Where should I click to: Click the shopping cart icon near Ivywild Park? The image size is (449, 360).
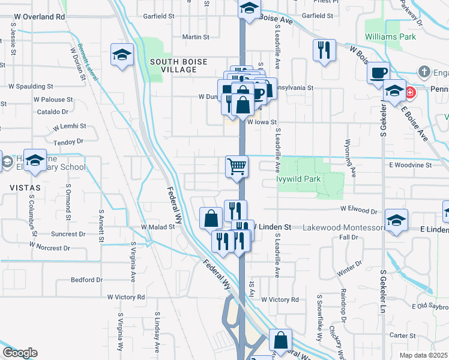coord(237,166)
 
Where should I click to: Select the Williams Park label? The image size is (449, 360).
coord(390,37)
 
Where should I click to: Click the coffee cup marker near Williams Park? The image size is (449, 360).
coord(378,73)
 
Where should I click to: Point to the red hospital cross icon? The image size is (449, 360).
coord(411,93)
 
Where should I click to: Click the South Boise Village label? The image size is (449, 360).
coord(173,65)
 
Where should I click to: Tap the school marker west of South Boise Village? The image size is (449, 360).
coord(122,55)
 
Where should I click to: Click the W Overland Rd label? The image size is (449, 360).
coord(39,17)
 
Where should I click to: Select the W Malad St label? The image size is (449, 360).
coord(157,227)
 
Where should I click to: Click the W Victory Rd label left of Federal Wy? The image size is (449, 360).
coord(127,297)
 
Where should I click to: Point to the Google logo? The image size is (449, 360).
coord(19,353)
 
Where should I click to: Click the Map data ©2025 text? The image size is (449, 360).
coord(424,355)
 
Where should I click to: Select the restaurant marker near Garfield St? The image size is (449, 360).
coord(324,50)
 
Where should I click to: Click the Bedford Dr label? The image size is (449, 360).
coord(87,280)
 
